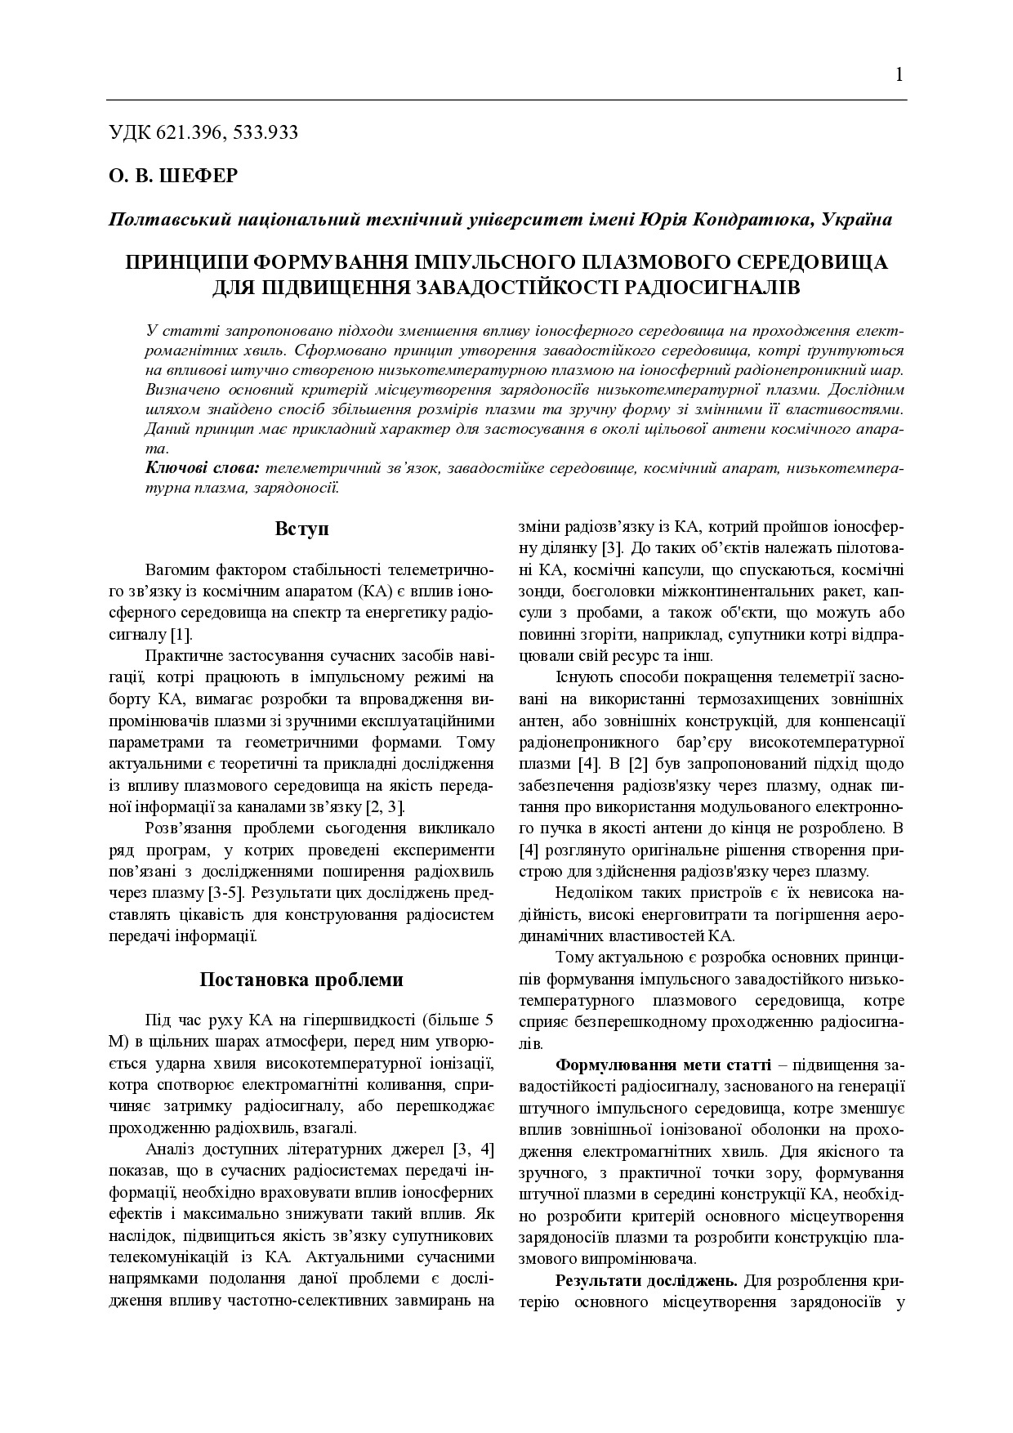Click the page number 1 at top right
(899, 75)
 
